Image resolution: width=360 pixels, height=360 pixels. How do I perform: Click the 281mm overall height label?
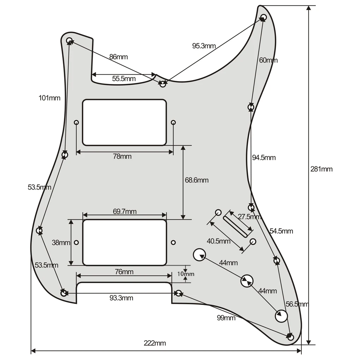(321, 169)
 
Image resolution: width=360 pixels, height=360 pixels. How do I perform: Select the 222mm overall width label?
(155, 343)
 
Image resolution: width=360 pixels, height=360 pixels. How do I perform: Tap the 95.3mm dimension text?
(204, 46)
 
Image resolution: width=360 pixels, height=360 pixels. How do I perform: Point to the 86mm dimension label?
(118, 56)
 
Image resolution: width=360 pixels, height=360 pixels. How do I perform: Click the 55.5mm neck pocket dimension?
(124, 79)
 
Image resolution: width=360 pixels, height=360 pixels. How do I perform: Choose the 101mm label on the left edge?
(49, 98)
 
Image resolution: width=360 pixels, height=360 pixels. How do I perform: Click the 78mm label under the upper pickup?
(122, 156)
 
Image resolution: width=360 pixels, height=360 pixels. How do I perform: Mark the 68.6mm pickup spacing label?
(197, 180)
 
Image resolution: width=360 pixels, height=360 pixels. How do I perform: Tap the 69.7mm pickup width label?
(125, 212)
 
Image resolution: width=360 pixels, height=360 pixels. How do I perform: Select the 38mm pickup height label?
(60, 242)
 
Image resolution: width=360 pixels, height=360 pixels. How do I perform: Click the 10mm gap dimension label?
(186, 274)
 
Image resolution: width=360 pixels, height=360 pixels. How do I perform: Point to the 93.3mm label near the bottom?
(121, 298)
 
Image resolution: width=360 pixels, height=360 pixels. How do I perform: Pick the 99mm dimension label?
(226, 318)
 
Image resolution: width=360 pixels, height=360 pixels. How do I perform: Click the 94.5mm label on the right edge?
(264, 157)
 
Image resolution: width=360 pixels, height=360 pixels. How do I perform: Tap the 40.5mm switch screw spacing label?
(218, 241)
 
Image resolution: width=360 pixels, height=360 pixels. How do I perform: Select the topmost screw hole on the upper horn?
(263, 17)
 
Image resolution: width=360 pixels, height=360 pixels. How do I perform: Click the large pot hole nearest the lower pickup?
(199, 254)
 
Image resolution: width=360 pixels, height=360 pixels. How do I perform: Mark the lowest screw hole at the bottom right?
(290, 337)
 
